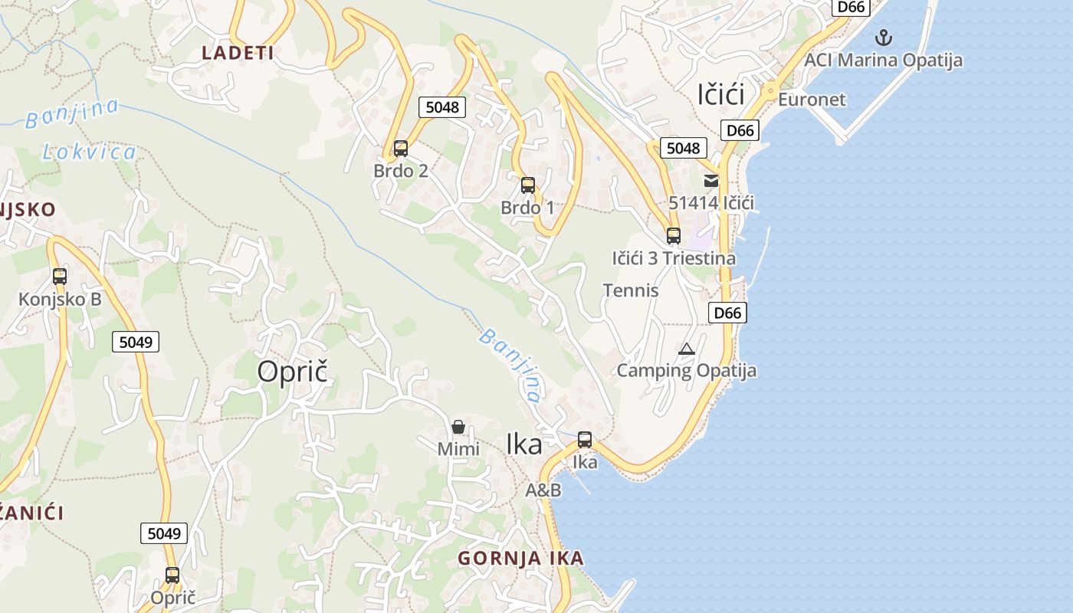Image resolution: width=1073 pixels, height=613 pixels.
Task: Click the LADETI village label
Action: (x=238, y=53)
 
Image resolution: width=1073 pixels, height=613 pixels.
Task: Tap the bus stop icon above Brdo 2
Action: (x=400, y=148)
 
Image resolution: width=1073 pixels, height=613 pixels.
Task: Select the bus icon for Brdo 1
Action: (x=527, y=185)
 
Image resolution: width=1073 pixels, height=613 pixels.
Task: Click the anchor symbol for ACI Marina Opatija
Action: (x=884, y=37)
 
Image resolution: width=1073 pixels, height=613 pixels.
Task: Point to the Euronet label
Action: (x=812, y=100)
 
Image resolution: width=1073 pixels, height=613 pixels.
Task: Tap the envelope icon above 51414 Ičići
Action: (x=711, y=181)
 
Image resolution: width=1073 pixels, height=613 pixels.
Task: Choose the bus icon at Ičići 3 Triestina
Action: (x=673, y=236)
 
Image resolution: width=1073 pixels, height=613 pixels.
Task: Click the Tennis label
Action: (x=631, y=290)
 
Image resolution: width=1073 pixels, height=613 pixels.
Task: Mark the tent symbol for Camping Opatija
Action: (x=686, y=349)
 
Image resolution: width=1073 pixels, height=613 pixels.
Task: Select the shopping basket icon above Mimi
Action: (x=458, y=427)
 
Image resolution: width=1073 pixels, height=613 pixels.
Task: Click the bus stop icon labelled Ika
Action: (x=585, y=440)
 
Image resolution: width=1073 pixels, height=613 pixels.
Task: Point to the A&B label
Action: (x=543, y=490)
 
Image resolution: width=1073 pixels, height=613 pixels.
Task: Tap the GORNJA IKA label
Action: (x=520, y=559)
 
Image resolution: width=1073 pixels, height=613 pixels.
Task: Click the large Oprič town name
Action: (x=292, y=372)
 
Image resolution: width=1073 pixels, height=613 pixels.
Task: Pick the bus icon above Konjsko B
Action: (x=60, y=277)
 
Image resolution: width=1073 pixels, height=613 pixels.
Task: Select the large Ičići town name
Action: (x=721, y=94)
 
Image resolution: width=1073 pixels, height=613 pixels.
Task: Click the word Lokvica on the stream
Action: (x=90, y=152)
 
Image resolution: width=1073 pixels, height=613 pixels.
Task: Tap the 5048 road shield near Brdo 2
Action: (x=442, y=107)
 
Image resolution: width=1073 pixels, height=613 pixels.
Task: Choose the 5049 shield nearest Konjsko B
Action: (x=136, y=342)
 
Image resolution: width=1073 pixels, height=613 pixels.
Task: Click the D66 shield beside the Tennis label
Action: (x=727, y=313)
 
